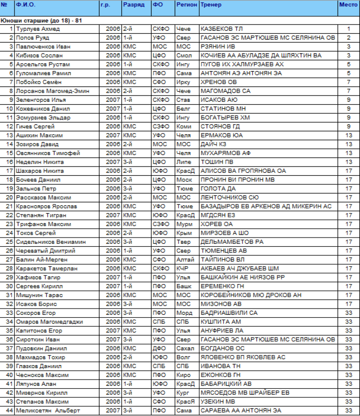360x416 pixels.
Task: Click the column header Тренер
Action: (x=208, y=4)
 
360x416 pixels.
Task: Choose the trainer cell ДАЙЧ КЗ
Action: (x=214, y=144)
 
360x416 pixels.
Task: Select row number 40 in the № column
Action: (x=8, y=375)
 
